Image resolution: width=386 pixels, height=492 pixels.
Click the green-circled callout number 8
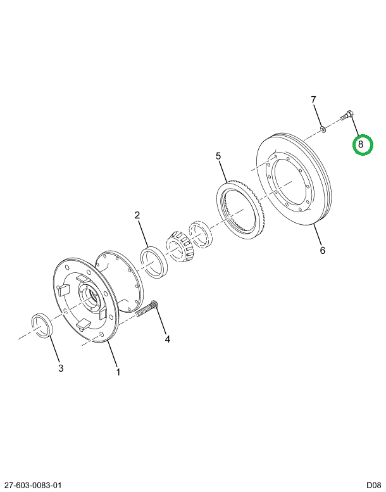[x=361, y=144]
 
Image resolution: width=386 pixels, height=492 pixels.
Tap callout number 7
[x=313, y=100]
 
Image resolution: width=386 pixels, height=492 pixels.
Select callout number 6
[x=322, y=250]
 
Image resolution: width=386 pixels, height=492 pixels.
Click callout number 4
[x=168, y=339]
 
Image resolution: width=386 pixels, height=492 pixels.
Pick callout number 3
[x=61, y=368]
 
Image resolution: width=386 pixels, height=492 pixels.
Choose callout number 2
[x=137, y=215]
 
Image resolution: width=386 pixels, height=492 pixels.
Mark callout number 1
[x=118, y=372]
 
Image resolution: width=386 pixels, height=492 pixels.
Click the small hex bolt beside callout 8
[x=347, y=115]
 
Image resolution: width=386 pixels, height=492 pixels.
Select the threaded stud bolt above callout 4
[x=147, y=308]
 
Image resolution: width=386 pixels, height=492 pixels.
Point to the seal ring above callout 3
[x=42, y=325]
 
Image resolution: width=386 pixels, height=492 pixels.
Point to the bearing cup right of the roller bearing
[x=200, y=233]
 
